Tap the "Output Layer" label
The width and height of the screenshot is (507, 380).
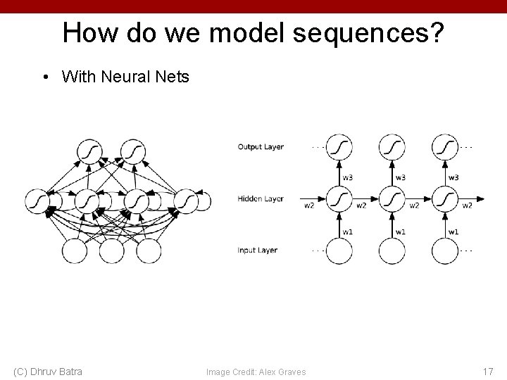261,147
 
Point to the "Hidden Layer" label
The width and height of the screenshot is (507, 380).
261,199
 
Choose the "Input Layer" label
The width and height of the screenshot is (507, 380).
258,251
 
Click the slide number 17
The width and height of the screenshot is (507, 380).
488,371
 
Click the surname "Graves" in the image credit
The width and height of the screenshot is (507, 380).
290,372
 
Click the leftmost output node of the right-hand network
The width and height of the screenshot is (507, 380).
340,147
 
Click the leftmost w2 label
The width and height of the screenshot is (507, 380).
309,206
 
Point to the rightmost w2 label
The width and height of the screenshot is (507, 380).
467,206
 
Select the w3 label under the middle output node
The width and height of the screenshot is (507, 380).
400,177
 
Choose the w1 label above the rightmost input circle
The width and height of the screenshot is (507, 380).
453,232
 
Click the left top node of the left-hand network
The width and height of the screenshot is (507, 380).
91,151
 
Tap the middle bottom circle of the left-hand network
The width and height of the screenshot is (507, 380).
112,251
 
